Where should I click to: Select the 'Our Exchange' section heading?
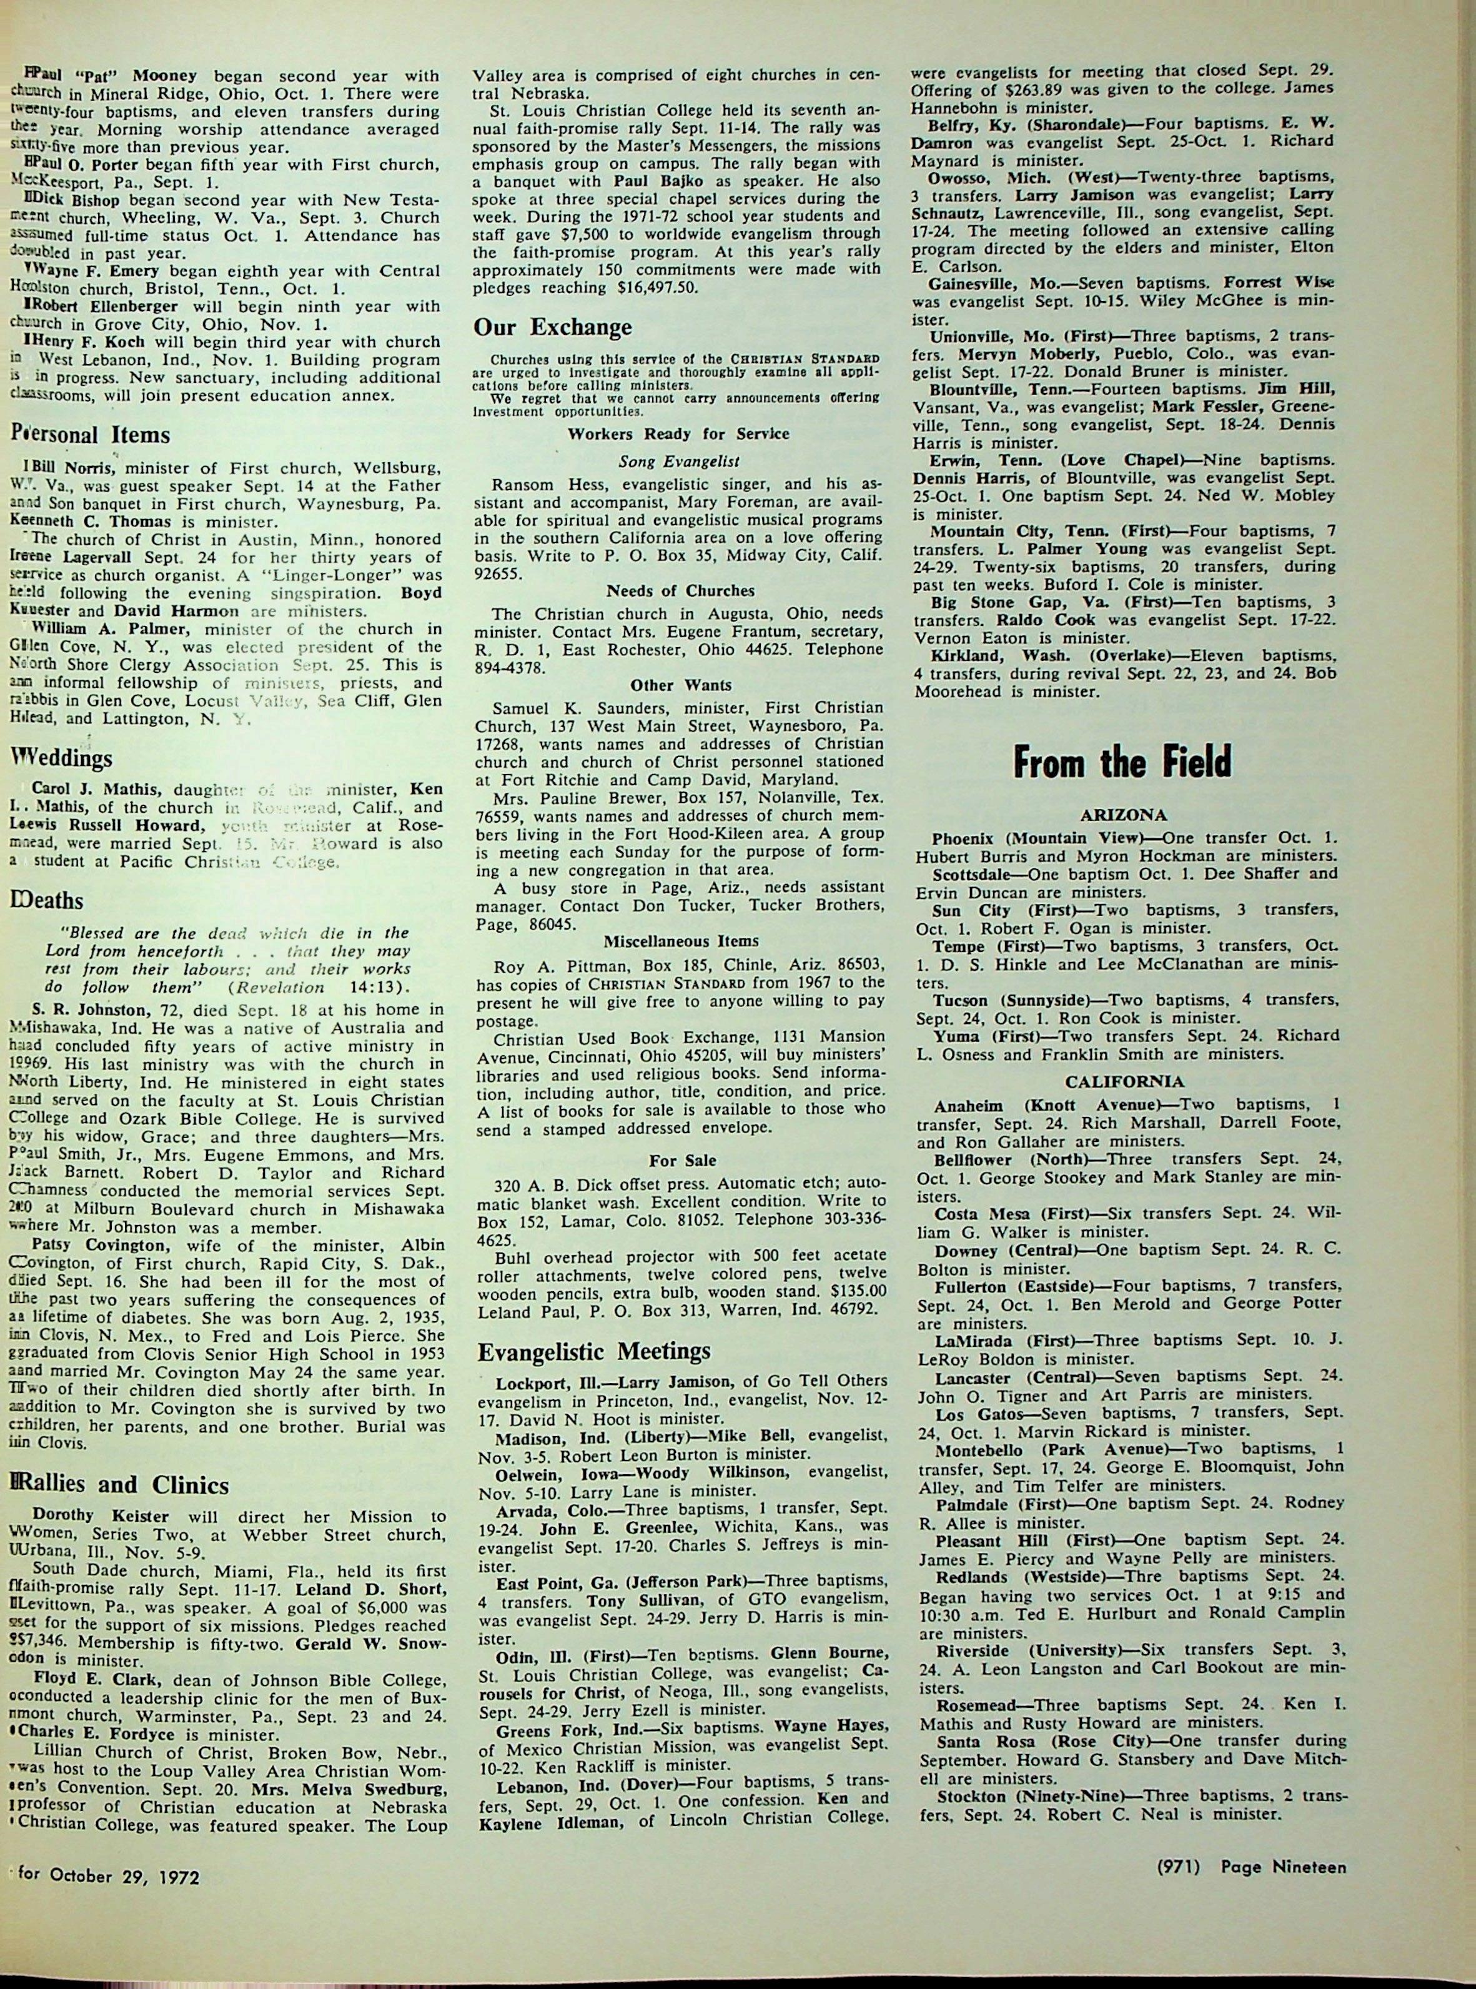(x=552, y=325)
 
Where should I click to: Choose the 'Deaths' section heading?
(x=47, y=900)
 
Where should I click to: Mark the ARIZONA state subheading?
(x=1124, y=816)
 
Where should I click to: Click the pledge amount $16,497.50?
(x=660, y=289)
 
